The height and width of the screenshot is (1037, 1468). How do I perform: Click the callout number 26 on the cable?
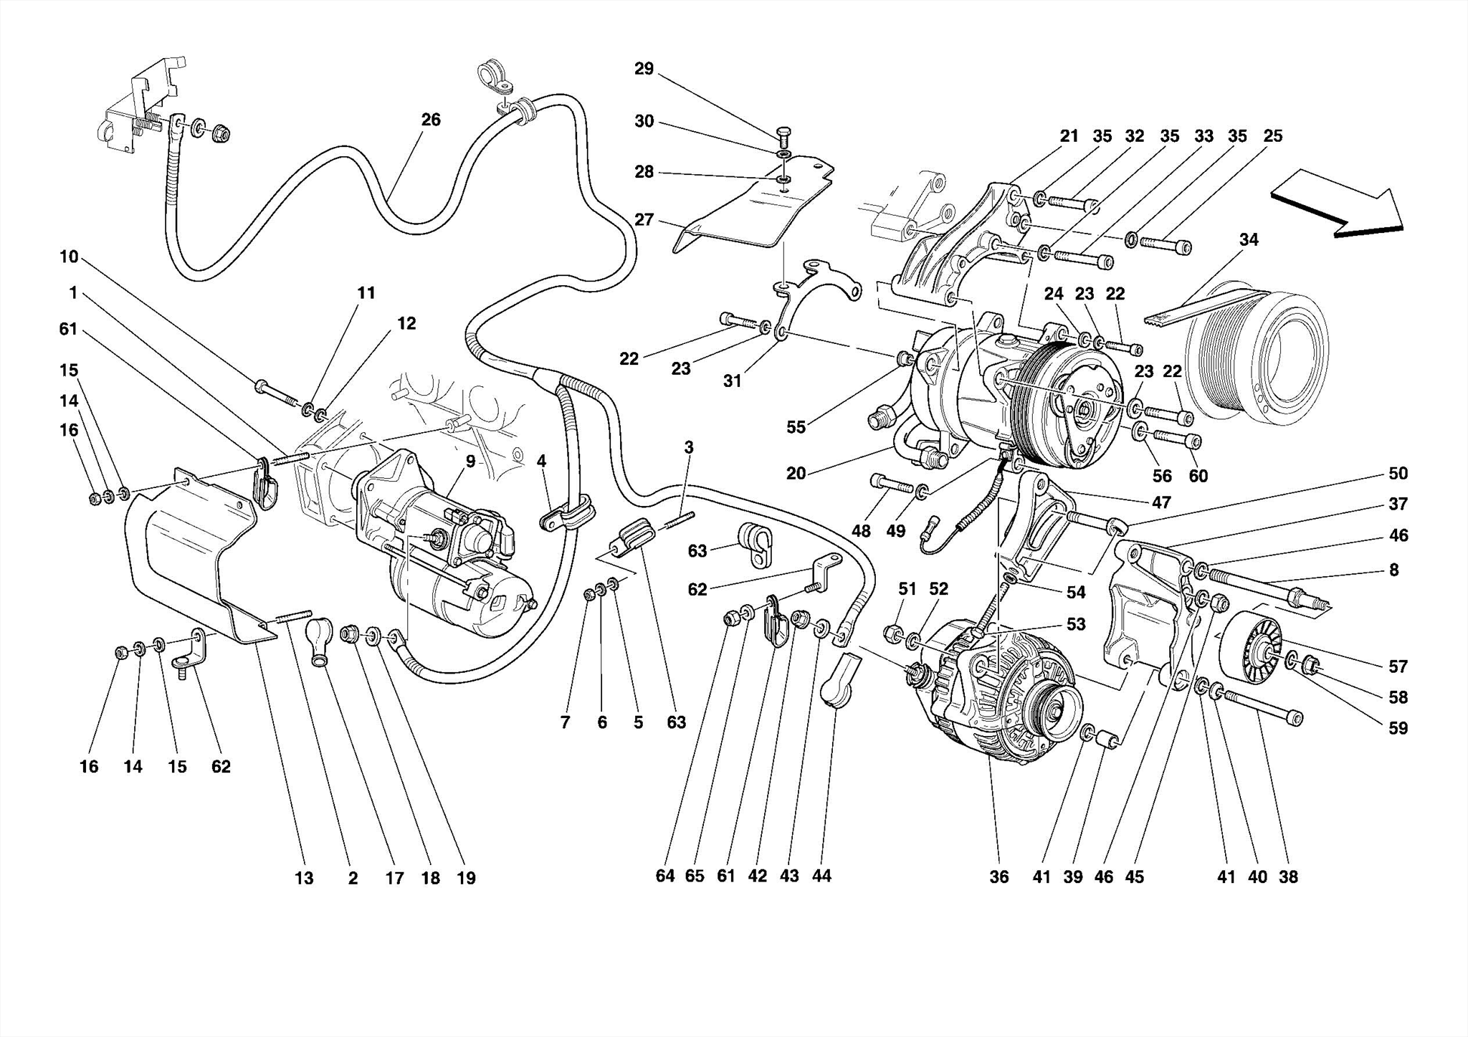click(x=431, y=120)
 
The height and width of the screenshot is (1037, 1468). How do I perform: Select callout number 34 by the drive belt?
click(x=1248, y=239)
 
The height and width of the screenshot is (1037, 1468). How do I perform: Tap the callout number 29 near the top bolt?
click(x=644, y=69)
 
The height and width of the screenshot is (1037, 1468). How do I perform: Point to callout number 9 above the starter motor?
click(x=470, y=461)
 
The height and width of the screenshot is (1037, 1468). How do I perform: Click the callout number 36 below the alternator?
click(x=998, y=876)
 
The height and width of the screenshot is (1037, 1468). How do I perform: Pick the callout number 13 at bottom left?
click(x=304, y=878)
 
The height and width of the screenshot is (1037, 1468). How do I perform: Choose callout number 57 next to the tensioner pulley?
click(x=1398, y=666)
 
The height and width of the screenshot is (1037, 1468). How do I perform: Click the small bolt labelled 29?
click(x=783, y=134)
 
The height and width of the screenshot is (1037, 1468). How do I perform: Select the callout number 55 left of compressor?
click(x=796, y=427)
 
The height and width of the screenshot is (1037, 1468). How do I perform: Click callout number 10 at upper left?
click(x=69, y=257)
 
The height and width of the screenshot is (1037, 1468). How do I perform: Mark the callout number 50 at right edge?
click(x=1398, y=473)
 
